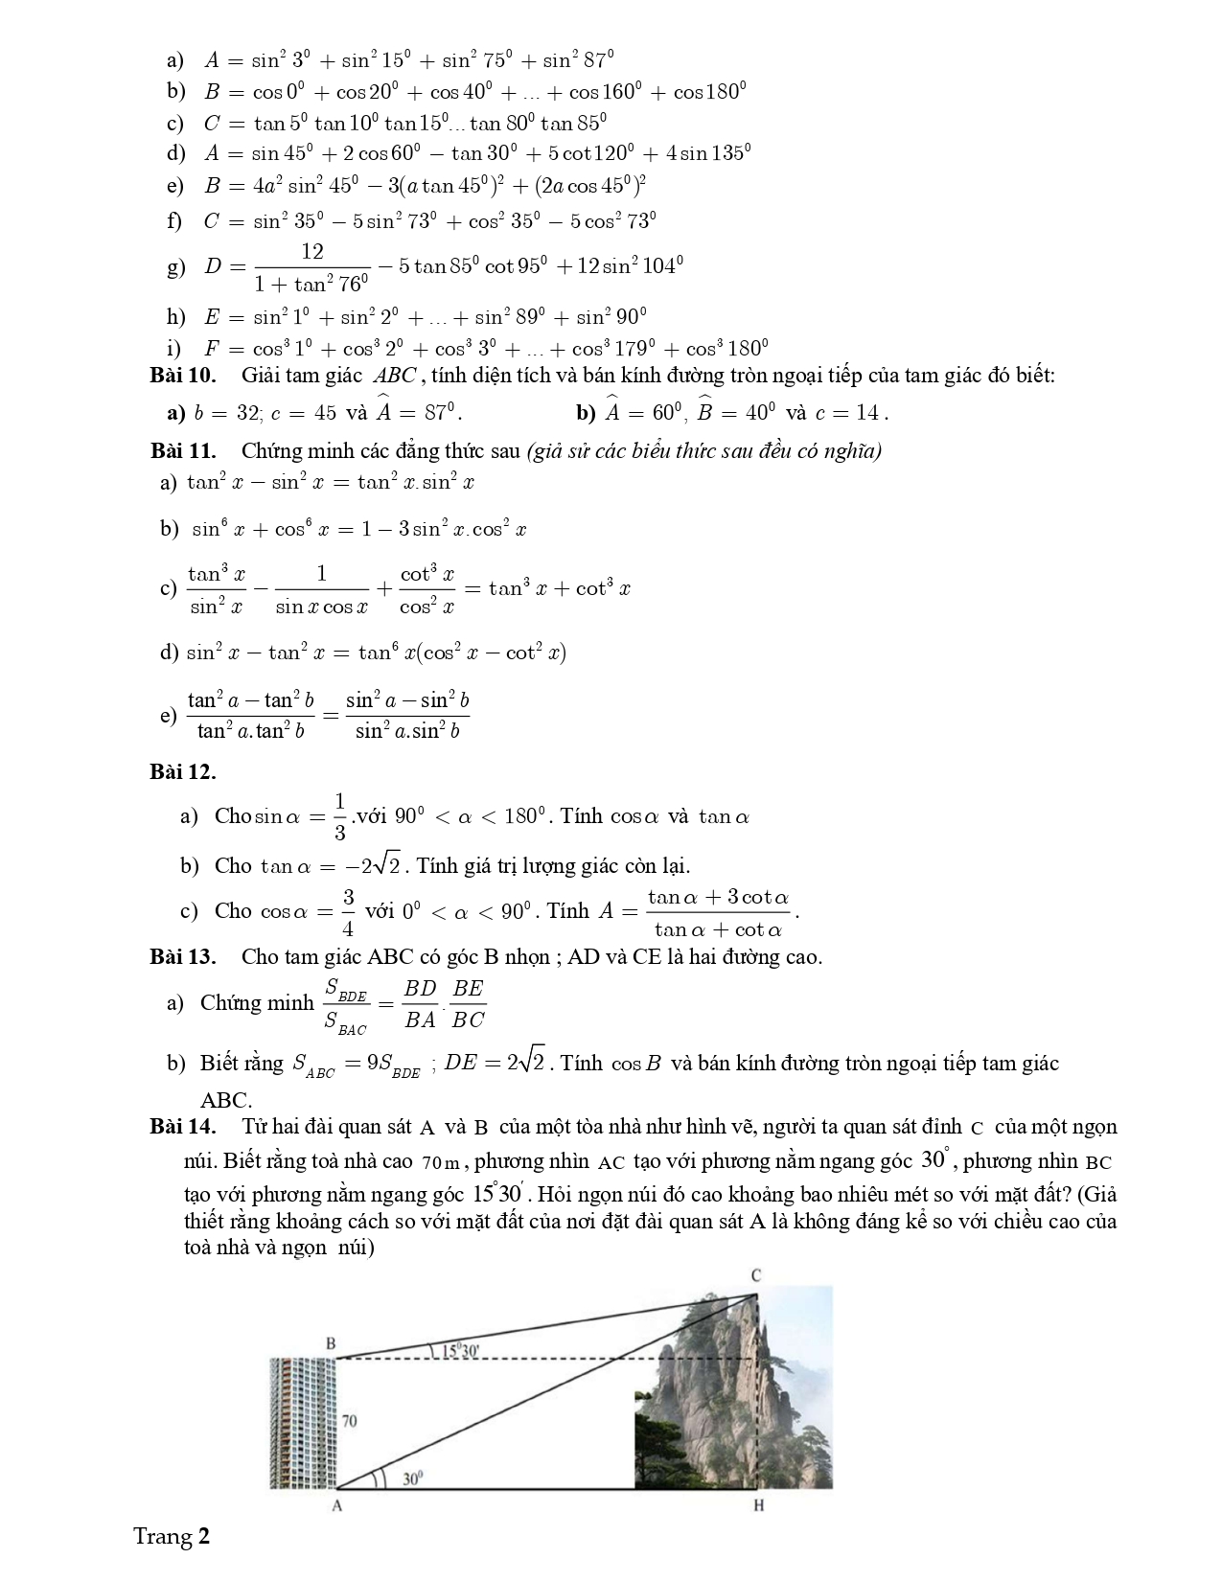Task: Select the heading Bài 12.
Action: point(182,771)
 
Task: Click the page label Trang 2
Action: point(172,1537)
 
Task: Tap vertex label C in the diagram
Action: point(755,1275)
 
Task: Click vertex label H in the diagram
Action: point(758,1505)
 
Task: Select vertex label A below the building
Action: point(336,1505)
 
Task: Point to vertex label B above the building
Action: point(331,1343)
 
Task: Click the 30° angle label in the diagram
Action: point(411,1479)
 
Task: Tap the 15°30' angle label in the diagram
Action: point(460,1351)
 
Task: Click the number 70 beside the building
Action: point(349,1420)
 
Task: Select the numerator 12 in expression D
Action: point(312,252)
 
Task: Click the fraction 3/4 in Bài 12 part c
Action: point(348,912)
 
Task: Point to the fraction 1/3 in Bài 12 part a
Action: point(339,817)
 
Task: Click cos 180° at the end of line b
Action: point(709,92)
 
